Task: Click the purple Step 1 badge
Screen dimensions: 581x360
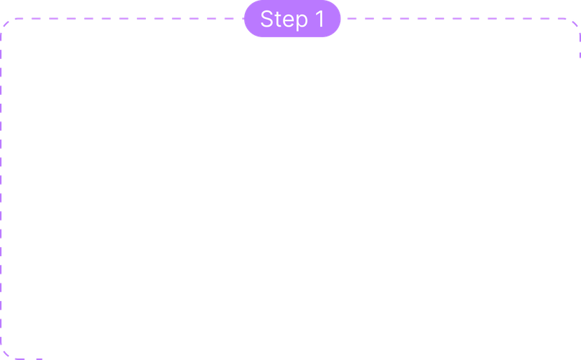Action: [293, 18]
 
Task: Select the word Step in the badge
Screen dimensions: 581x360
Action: [284, 19]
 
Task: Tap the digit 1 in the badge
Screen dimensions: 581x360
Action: [320, 18]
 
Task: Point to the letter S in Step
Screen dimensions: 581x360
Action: [267, 18]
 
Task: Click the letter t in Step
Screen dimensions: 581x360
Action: [278, 19]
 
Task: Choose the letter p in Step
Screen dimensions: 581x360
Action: [302, 22]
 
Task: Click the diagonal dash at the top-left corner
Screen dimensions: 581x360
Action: [6, 24]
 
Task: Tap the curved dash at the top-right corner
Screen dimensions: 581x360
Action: [575, 23]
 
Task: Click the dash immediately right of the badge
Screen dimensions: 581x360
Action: [352, 18]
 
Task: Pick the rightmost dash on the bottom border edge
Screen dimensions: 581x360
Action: [37, 359]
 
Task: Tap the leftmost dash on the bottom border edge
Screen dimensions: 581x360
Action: [20, 359]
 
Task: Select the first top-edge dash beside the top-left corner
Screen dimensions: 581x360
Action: [18, 18]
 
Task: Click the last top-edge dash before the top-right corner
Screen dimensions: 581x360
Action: [562, 18]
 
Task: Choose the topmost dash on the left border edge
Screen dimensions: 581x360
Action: [1, 37]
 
